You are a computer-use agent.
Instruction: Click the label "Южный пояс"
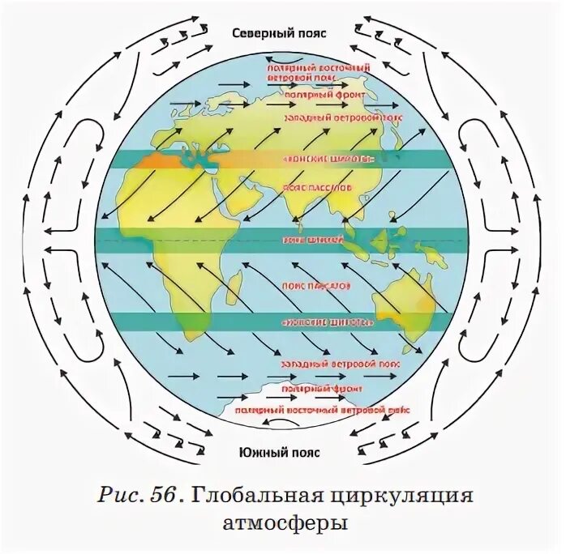tap(279, 452)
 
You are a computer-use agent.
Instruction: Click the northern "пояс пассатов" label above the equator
tap(317, 186)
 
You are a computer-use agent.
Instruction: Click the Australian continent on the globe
tap(405, 308)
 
